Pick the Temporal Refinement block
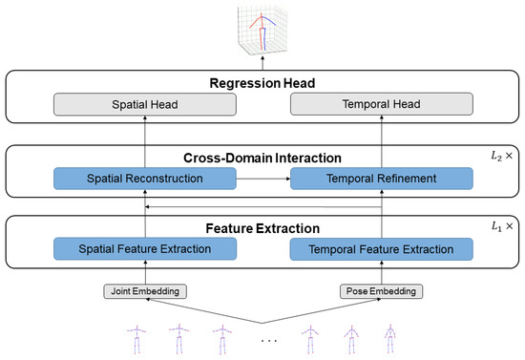(x=383, y=179)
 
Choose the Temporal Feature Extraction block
(x=383, y=250)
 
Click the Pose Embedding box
(x=383, y=289)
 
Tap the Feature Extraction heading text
(x=262, y=229)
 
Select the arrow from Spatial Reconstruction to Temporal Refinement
(x=263, y=179)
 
